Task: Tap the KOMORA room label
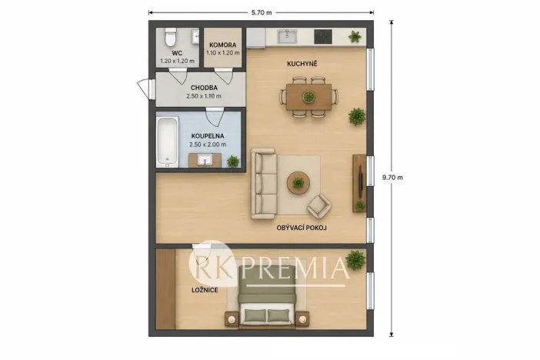point(223,45)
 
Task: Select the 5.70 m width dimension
point(262,13)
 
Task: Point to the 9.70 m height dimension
point(392,178)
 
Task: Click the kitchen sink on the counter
point(287,36)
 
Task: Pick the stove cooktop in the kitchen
point(323,36)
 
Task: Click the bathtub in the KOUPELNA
point(168,142)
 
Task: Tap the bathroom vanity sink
point(205,160)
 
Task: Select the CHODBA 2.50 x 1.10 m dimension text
point(204,96)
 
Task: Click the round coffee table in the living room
point(298,182)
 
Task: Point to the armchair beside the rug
point(319,206)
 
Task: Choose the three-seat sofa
point(263,184)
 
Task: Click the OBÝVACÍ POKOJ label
point(302,228)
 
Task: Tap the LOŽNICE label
point(205,290)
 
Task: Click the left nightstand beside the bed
point(232,319)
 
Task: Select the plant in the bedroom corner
point(355,260)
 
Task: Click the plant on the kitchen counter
point(355,36)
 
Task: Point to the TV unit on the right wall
point(359,183)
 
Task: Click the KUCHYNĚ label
point(302,64)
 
